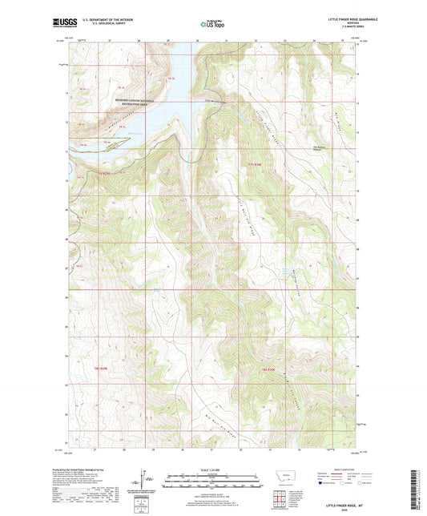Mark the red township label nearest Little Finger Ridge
pos(256,163)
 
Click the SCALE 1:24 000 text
pos(213,469)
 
